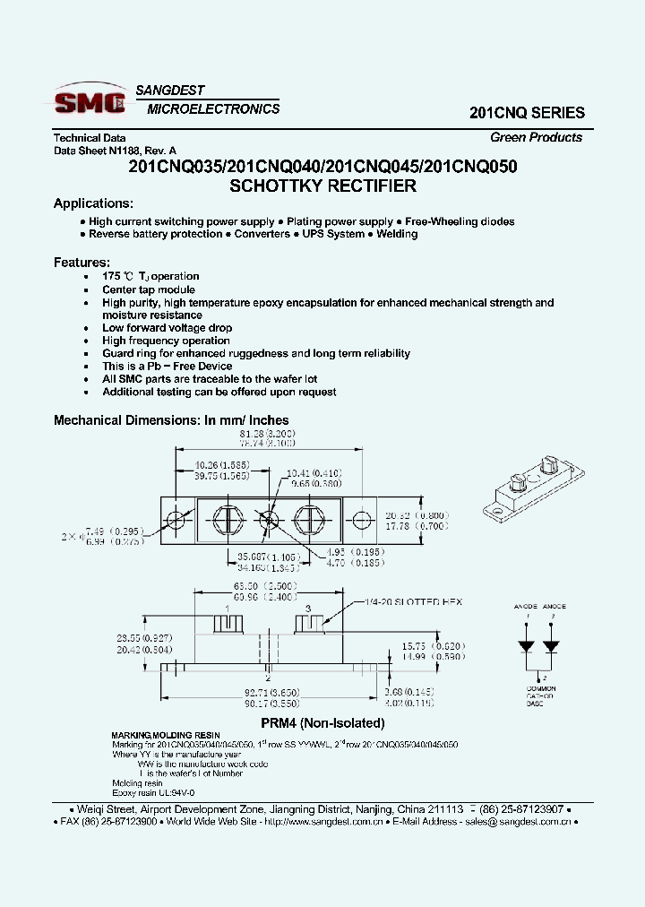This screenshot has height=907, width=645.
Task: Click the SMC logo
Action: point(90,102)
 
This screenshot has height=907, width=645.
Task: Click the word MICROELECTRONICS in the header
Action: point(213,109)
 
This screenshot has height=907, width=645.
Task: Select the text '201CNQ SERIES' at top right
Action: point(527,114)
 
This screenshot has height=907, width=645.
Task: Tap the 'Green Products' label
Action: point(536,137)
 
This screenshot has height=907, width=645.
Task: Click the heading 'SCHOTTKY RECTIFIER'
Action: point(322,186)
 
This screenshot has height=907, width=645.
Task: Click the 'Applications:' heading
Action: point(93,203)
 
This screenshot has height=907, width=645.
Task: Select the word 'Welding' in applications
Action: point(396,234)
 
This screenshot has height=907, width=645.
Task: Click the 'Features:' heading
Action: point(82,262)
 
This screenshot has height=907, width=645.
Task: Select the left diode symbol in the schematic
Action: point(528,645)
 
